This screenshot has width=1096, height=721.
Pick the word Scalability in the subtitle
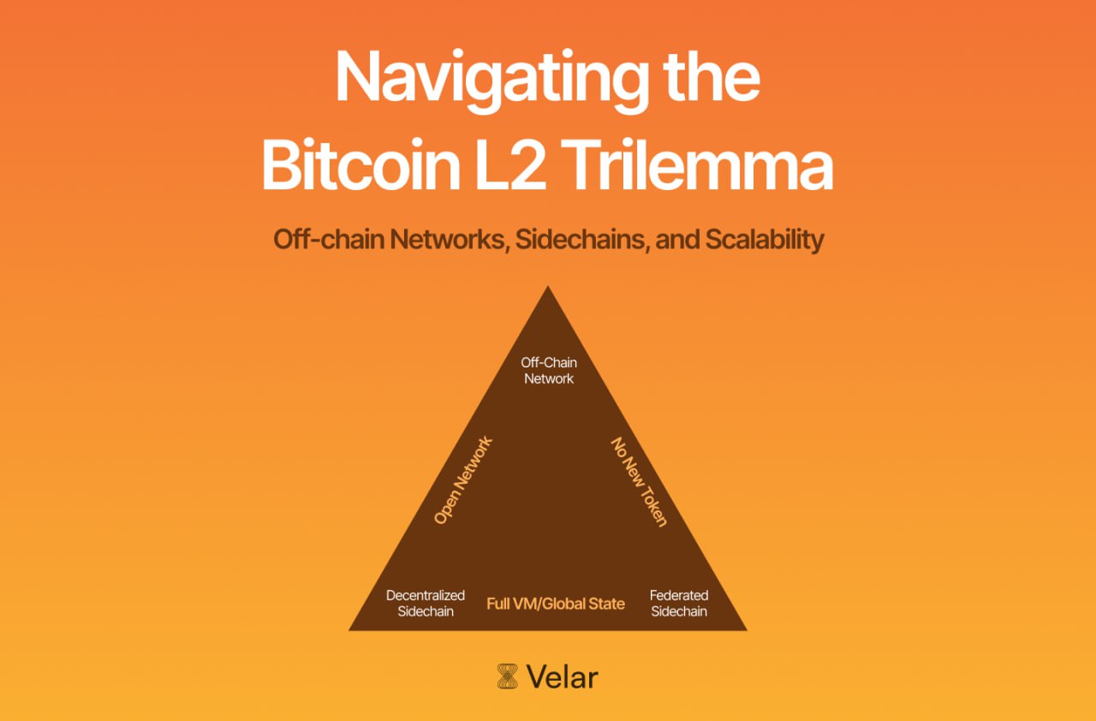coord(764,240)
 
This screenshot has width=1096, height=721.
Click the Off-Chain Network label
coord(549,371)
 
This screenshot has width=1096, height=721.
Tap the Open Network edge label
coord(463,480)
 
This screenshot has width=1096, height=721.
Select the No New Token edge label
coord(638,481)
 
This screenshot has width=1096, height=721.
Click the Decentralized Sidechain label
coord(426,603)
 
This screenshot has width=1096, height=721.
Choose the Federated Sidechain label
coord(679,603)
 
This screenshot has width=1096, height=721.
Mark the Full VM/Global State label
coord(556,604)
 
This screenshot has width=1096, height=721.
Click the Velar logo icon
coord(508,676)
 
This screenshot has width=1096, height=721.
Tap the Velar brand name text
coord(563,677)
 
